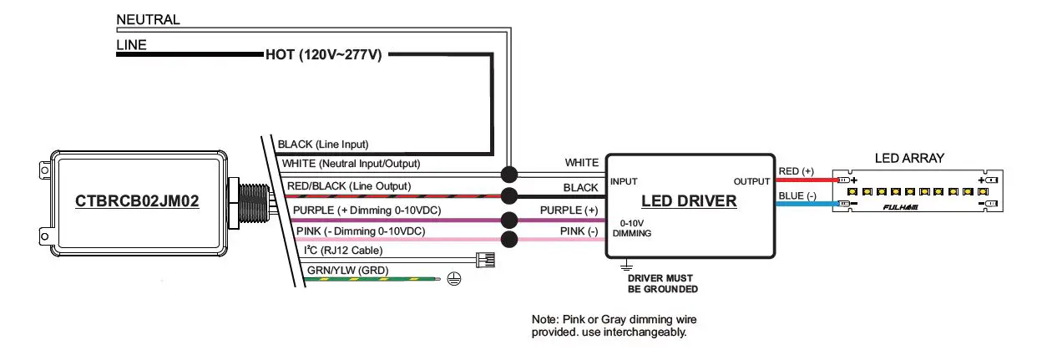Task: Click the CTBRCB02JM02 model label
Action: click(138, 201)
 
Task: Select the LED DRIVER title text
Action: click(689, 201)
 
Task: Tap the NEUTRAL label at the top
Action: click(148, 19)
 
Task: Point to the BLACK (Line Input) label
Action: click(323, 144)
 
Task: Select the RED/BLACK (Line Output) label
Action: click(348, 185)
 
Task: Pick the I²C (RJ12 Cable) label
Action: click(349, 250)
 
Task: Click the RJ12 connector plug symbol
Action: click(484, 259)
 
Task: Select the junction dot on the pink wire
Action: click(508, 241)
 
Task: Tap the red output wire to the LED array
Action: click(805, 180)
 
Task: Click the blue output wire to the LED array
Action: click(805, 203)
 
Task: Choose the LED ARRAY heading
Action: click(909, 158)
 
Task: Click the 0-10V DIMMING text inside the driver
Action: click(631, 228)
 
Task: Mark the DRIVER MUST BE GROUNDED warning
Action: click(662, 284)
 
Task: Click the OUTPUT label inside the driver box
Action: click(751, 181)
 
